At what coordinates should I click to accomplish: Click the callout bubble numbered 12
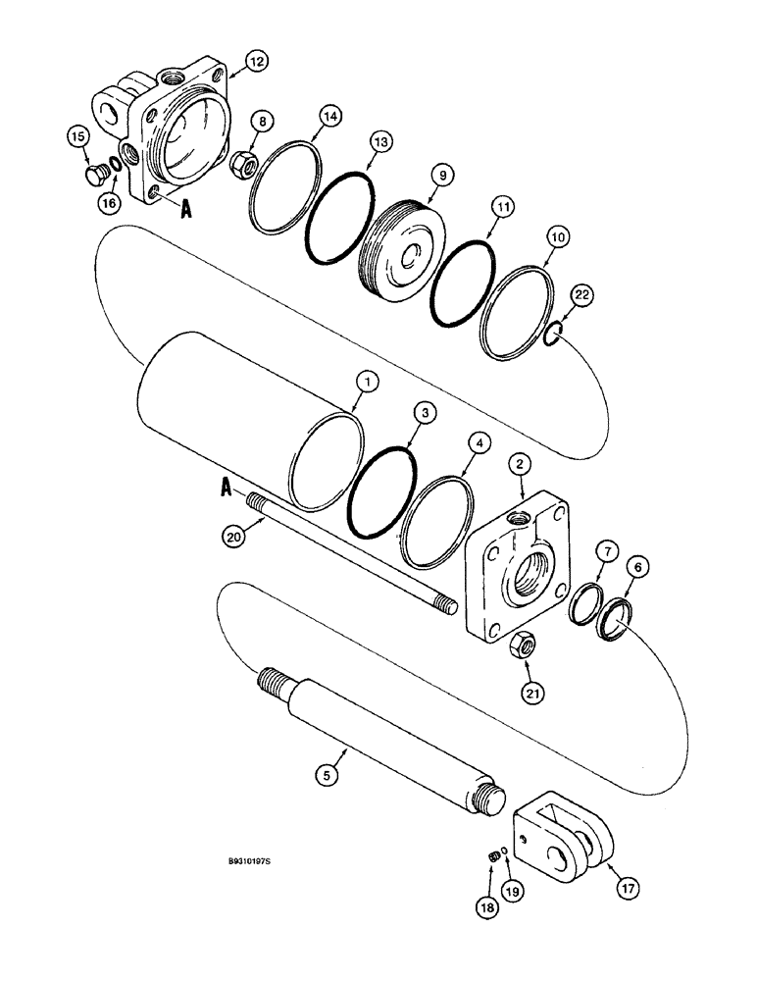coord(255,62)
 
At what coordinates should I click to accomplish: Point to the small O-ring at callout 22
coord(551,337)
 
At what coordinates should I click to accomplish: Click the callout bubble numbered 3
coord(422,415)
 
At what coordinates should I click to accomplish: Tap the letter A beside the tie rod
coord(228,486)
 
